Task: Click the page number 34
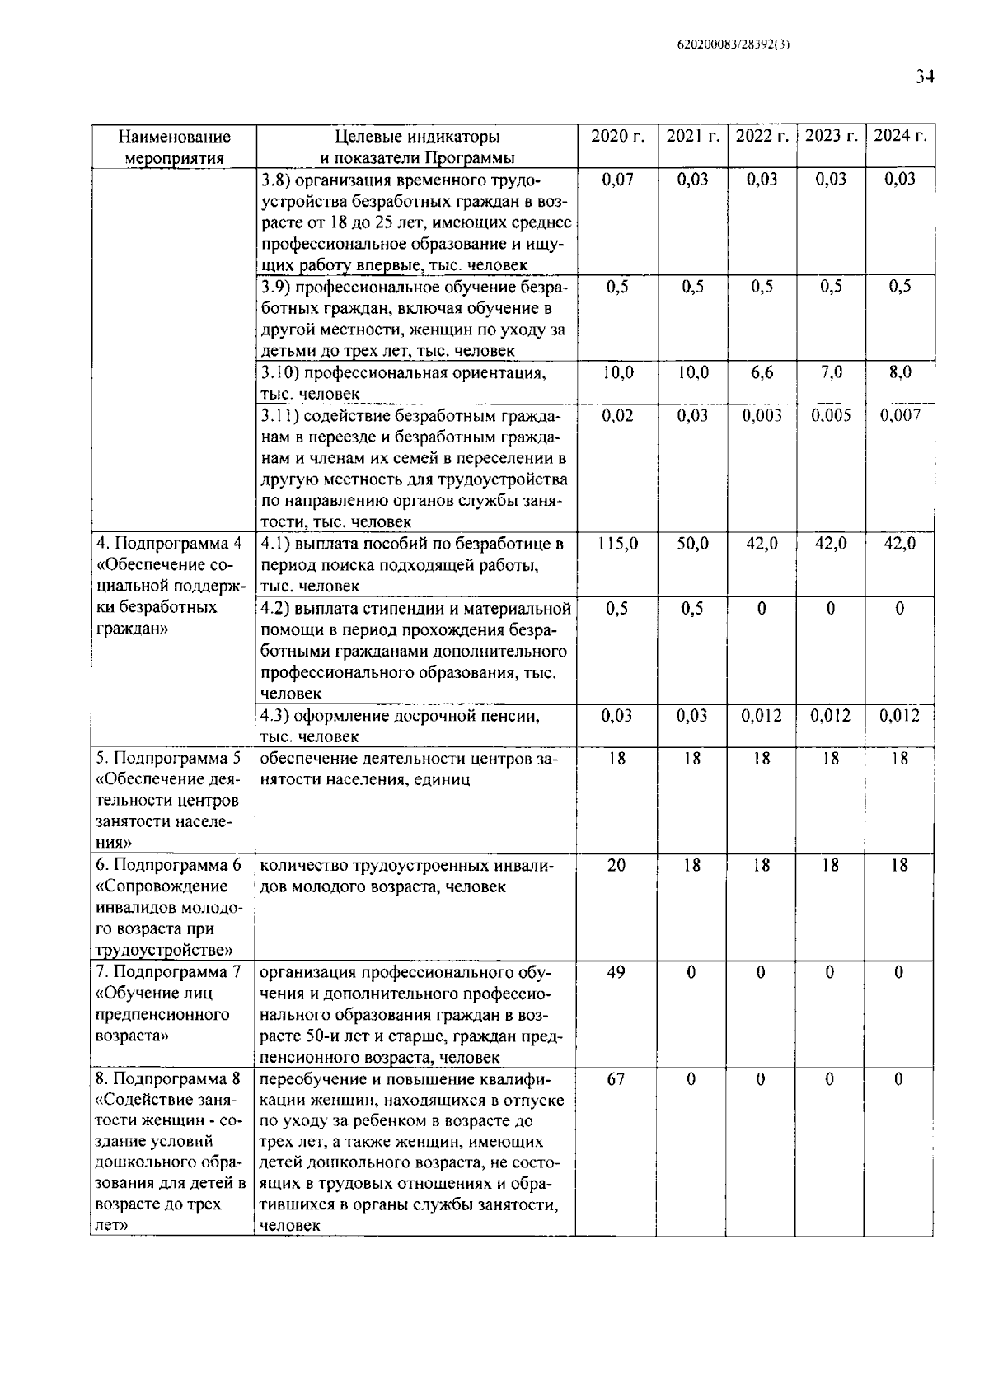924,77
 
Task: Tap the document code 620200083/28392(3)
728,45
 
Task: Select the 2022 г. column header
762,136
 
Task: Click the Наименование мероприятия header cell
174,147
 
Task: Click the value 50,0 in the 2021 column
692,544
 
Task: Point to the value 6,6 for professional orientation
762,372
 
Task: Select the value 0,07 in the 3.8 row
617,180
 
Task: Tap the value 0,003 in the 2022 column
762,415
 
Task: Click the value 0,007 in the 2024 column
899,415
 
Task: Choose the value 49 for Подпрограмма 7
616,972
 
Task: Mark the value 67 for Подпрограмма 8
616,1079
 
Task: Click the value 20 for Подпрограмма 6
616,865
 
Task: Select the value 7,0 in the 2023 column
831,372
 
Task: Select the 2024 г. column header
899,136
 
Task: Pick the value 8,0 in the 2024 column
899,372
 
